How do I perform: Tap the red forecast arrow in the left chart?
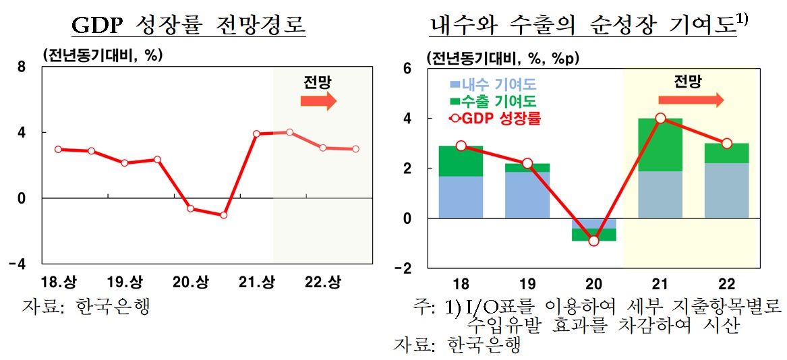tap(318, 101)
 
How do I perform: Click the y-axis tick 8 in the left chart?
tap(22, 66)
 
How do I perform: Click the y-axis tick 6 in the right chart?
tap(406, 68)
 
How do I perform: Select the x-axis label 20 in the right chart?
tap(593, 283)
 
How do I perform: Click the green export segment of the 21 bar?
tap(660, 145)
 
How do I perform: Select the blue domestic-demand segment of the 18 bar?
tap(461, 197)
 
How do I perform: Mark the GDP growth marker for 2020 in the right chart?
tap(593, 241)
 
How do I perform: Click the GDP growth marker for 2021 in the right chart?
tap(660, 119)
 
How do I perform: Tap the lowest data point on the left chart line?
tap(223, 215)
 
